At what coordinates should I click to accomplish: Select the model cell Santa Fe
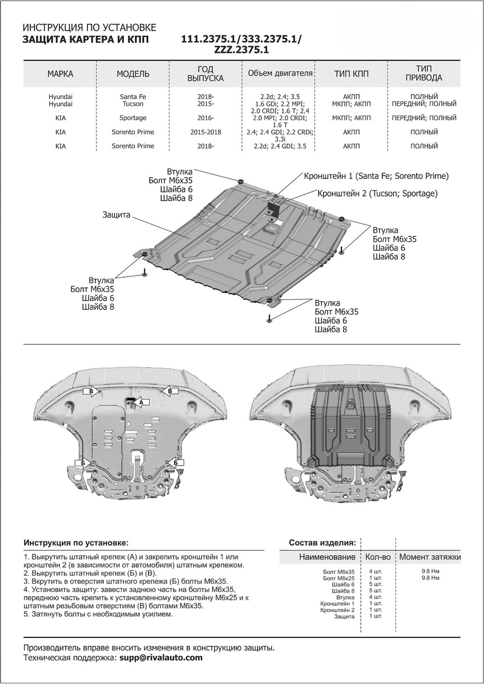pos(133,96)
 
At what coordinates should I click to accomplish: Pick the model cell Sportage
pos(133,118)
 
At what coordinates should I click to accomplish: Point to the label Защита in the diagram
pos(117,215)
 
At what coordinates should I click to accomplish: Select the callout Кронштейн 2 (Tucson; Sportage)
pos(377,193)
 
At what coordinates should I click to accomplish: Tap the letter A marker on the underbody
pos(141,402)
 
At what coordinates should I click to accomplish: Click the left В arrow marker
pos(90,391)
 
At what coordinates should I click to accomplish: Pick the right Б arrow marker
pos(176,463)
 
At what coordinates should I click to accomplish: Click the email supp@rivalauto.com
pos(161,658)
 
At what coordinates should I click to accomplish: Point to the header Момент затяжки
pos(430,557)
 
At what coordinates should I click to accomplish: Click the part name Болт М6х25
pos(338,578)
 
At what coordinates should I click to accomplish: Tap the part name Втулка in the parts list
pos(345,597)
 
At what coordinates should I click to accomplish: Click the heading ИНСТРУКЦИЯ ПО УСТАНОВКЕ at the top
pos(88,27)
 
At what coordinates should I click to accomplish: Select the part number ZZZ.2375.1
pos(241,50)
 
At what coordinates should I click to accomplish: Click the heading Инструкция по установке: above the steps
pos(76,542)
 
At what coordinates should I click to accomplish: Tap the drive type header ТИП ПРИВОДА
pos(424,74)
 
